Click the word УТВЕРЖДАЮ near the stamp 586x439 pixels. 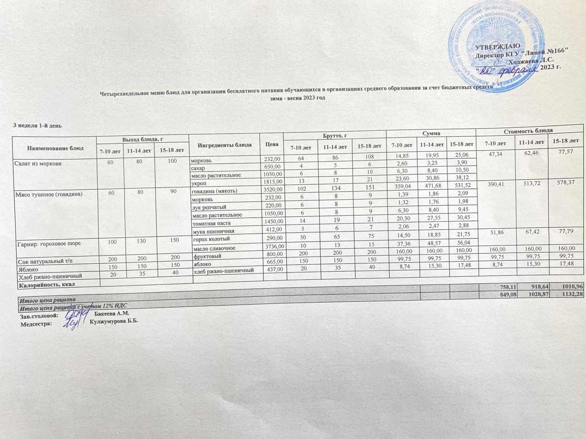point(498,47)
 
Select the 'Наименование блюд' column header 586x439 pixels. point(55,149)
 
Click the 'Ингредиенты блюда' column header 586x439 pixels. point(225,145)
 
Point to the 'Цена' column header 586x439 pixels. point(271,144)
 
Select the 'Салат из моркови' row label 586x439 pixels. point(38,163)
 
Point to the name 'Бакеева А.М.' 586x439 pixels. point(112,313)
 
